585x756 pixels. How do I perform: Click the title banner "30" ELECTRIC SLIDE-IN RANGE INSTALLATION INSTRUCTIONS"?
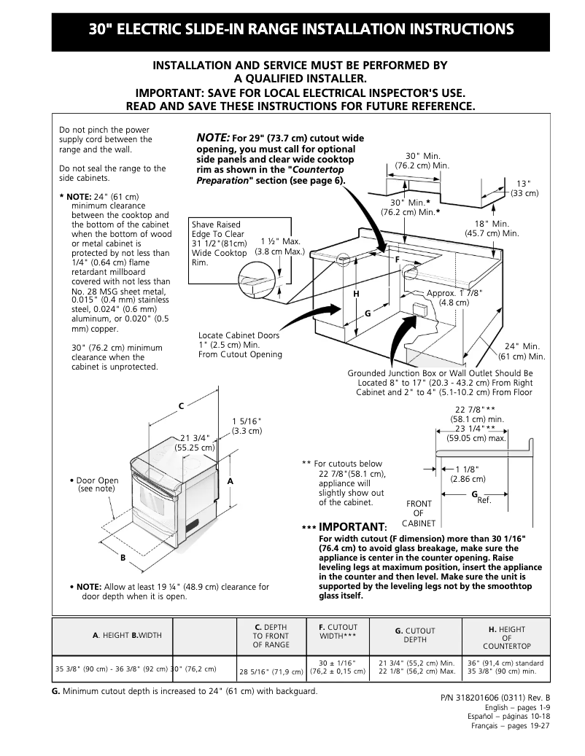click(301, 30)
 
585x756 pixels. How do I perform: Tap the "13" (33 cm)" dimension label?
click(524, 188)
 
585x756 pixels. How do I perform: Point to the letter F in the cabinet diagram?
click(398, 260)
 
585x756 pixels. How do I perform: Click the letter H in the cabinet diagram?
click(356, 293)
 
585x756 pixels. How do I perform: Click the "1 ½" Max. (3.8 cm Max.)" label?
click(279, 246)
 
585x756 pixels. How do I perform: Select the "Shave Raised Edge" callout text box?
click(218, 243)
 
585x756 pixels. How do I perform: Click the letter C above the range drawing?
click(182, 405)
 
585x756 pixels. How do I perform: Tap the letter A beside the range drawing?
click(230, 482)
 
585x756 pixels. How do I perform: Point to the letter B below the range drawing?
click(123, 558)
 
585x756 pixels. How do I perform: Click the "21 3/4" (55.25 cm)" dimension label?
click(194, 443)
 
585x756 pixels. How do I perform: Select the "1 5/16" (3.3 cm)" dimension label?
click(247, 426)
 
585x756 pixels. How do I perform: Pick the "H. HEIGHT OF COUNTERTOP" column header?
click(506, 638)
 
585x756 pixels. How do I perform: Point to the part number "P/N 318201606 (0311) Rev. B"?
click(495, 698)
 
